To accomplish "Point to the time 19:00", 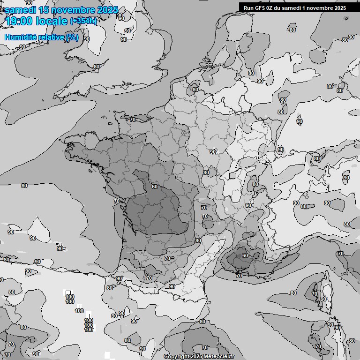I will pyautogui.click(x=19, y=21).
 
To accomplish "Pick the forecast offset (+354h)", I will pyautogui.click(x=83, y=21).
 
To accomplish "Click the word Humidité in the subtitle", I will pyautogui.click(x=18, y=37).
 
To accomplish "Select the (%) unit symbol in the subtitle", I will pyautogui.click(x=72, y=37).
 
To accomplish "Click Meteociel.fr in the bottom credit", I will pyautogui.click(x=219, y=357).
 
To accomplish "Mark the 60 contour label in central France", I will pyautogui.click(x=154, y=187).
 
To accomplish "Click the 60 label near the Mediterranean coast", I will pyautogui.click(x=245, y=255).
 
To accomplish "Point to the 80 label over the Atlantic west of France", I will pyautogui.click(x=24, y=186).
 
